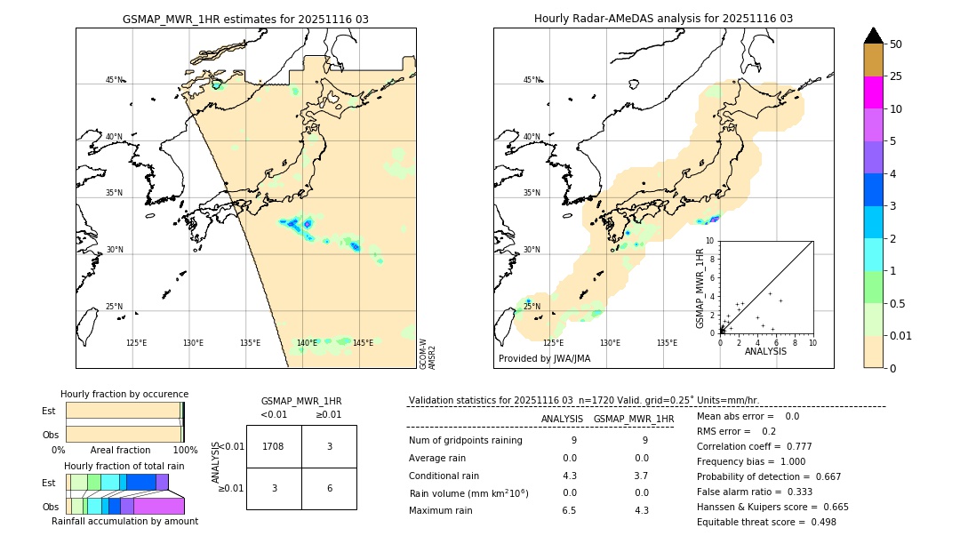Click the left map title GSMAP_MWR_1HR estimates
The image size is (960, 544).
(x=245, y=19)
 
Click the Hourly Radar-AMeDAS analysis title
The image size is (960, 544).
(x=663, y=19)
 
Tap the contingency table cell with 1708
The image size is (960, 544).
(x=274, y=446)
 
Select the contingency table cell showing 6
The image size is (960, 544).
(x=329, y=488)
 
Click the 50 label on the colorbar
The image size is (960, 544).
(x=896, y=44)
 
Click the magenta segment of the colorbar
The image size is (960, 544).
(x=873, y=92)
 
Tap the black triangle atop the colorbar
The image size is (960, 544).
(x=873, y=36)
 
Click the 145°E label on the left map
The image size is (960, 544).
(x=363, y=343)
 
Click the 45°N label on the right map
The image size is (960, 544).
(x=532, y=80)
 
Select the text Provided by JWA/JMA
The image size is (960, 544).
(x=544, y=358)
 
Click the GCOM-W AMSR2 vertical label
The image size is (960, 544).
(x=428, y=353)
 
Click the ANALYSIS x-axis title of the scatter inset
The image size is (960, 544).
(x=765, y=352)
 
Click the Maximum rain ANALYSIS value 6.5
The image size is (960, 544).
(x=569, y=510)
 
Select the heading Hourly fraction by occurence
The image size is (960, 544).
(x=124, y=394)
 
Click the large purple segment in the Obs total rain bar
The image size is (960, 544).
(x=159, y=506)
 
